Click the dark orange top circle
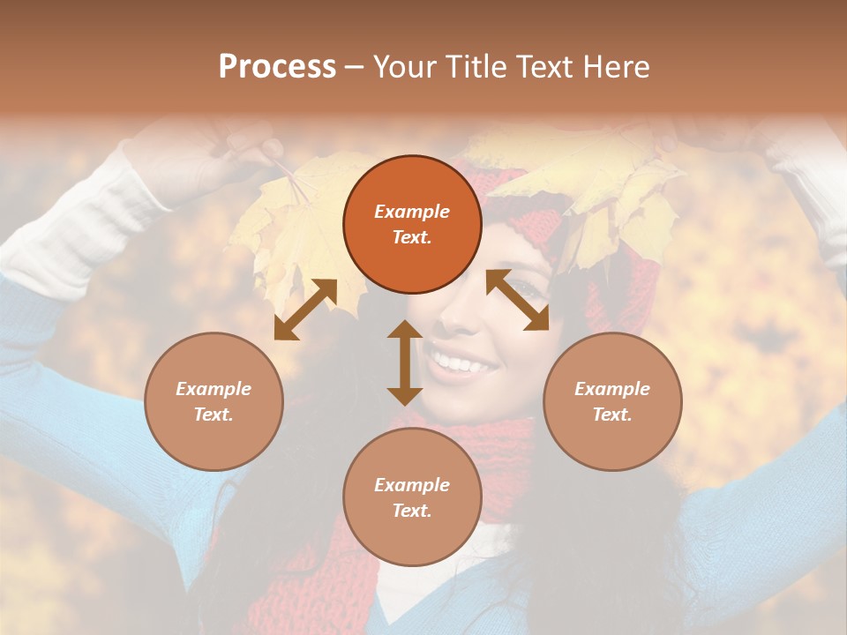pyautogui.click(x=412, y=224)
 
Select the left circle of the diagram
pyautogui.click(x=214, y=401)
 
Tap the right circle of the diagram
pyautogui.click(x=612, y=401)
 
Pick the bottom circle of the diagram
pyautogui.click(x=412, y=497)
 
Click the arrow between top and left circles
pyautogui.click(x=305, y=310)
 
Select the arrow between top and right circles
pyautogui.click(x=518, y=301)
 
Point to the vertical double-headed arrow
pyautogui.click(x=405, y=362)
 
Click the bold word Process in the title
pyautogui.click(x=277, y=66)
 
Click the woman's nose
pyautogui.click(x=454, y=322)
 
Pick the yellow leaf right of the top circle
pyautogui.click(x=609, y=185)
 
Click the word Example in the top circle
pyautogui.click(x=412, y=212)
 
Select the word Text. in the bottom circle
pyautogui.click(x=412, y=511)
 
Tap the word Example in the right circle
pyautogui.click(x=612, y=389)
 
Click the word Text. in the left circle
pyautogui.click(x=214, y=415)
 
